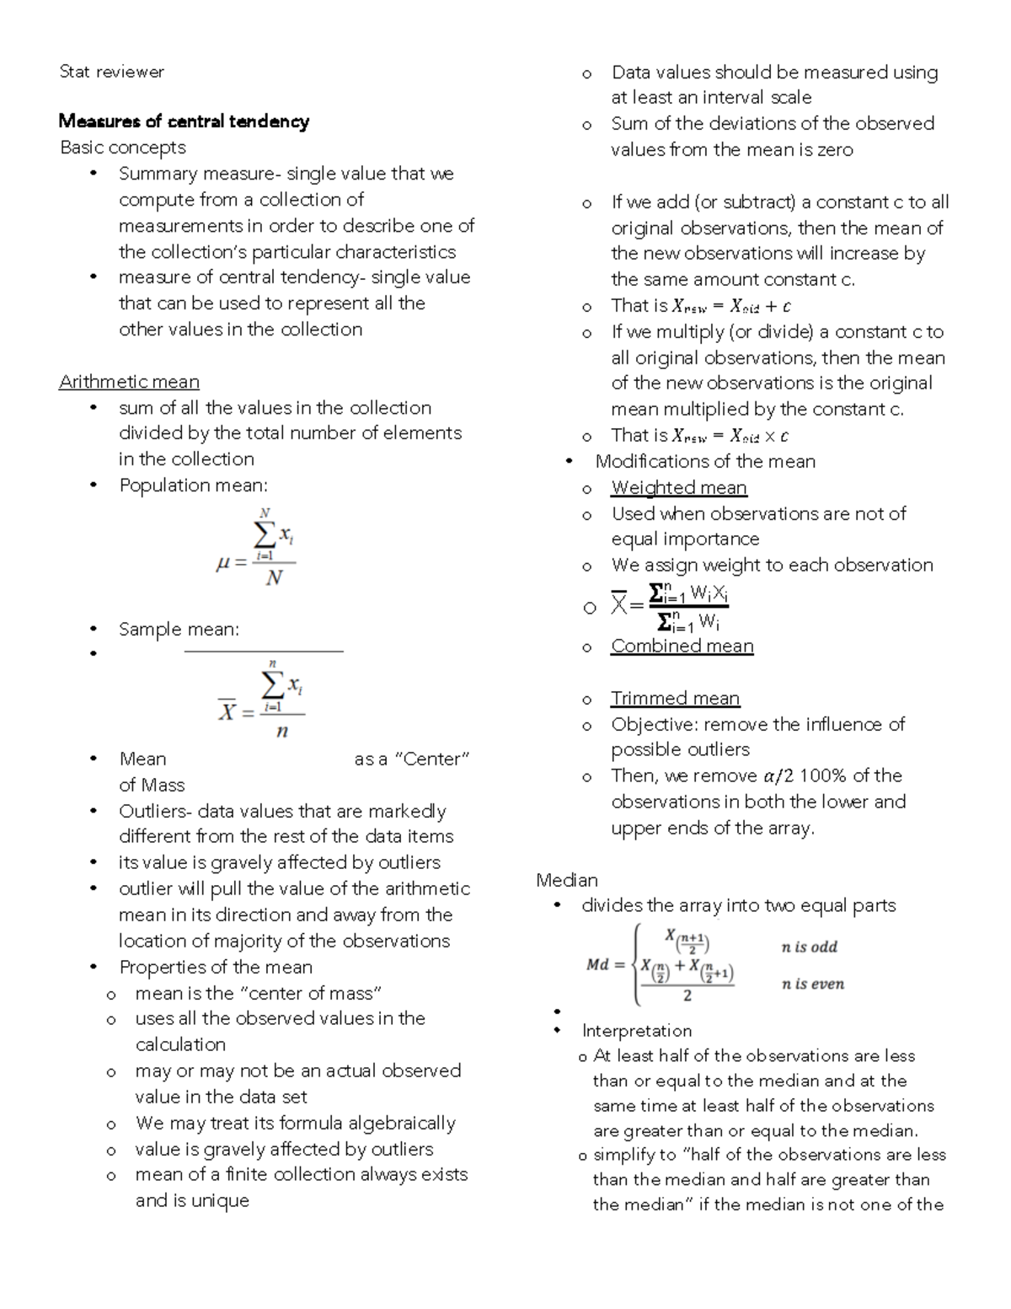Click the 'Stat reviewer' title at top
tap(111, 72)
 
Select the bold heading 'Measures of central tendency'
tap(184, 121)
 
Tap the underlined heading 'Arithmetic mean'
tap(129, 382)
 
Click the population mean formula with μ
tap(257, 549)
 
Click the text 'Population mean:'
tap(193, 486)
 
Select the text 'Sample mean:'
tap(179, 630)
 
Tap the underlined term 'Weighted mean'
tap(679, 487)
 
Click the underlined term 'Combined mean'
tap(682, 646)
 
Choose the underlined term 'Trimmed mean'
tap(676, 698)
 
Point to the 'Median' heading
tap(567, 880)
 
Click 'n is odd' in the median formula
tap(809, 947)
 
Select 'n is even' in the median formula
tap(812, 984)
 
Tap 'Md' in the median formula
tap(597, 964)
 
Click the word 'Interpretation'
tap(636, 1031)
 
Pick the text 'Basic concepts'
tap(123, 148)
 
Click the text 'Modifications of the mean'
tap(705, 461)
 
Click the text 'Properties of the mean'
tap(216, 967)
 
